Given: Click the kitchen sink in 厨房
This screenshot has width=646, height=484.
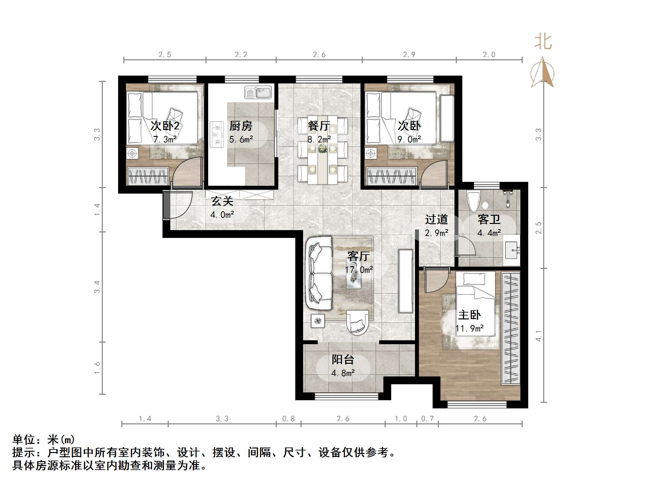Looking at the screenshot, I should click(258, 93).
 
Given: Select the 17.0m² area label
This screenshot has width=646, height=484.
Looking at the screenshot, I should click(359, 270).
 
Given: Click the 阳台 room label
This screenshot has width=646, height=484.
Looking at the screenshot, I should click(343, 359).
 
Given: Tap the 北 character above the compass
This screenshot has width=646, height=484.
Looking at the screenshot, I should click(543, 42).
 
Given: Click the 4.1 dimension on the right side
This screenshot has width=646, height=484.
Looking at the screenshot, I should click(539, 336).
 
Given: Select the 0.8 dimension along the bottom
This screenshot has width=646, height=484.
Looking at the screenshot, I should click(288, 418).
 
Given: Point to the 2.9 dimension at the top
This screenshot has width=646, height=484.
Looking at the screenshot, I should click(409, 55).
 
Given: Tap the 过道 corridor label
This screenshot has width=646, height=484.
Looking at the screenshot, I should click(436, 219).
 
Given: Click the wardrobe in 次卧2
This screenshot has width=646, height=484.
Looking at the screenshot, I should click(148, 176).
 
